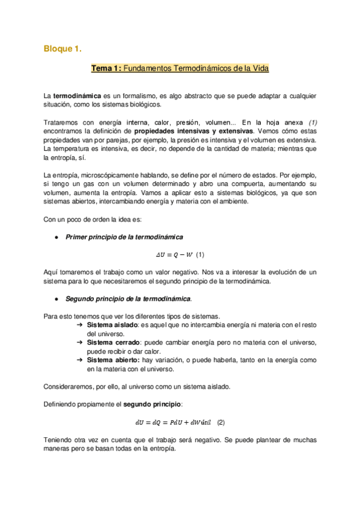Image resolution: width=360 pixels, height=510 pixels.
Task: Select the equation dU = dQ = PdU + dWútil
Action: [x=174, y=422]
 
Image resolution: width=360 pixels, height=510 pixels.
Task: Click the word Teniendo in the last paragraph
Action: [x=59, y=440]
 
